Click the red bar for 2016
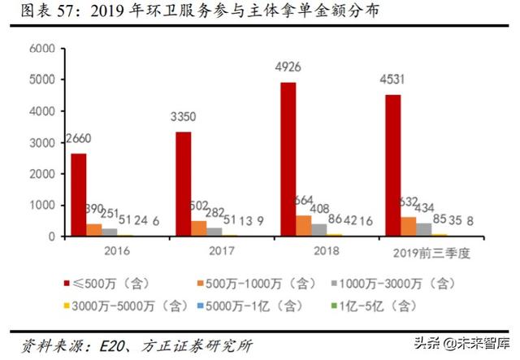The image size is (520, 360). [79, 195]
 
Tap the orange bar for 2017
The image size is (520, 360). [197, 228]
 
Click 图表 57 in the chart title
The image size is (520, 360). [42, 11]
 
